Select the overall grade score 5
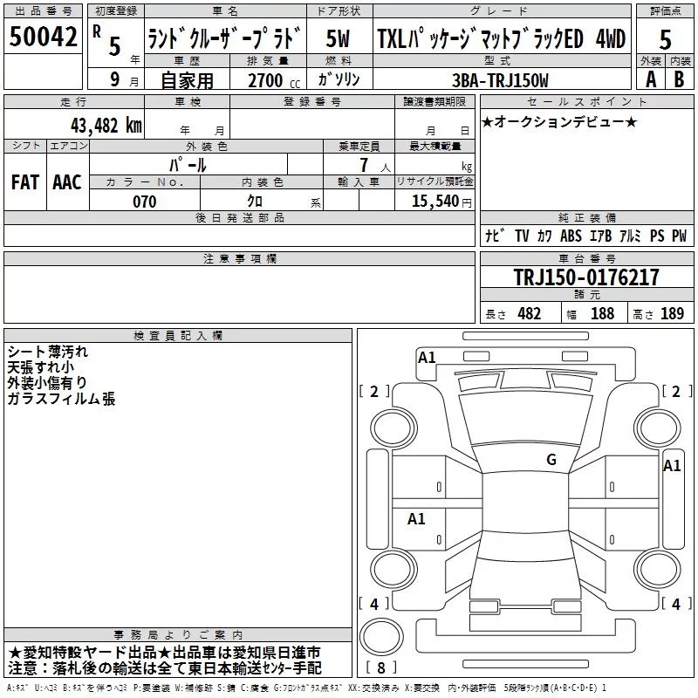tap(665, 40)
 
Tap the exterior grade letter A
tap(650, 79)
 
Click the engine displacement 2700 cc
tap(265, 80)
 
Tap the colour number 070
tap(145, 202)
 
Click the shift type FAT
tap(24, 182)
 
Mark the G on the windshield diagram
tap(551, 460)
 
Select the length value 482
tap(529, 314)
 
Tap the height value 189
tap(672, 314)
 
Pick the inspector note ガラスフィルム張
tap(61, 399)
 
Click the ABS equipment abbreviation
tap(571, 236)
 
